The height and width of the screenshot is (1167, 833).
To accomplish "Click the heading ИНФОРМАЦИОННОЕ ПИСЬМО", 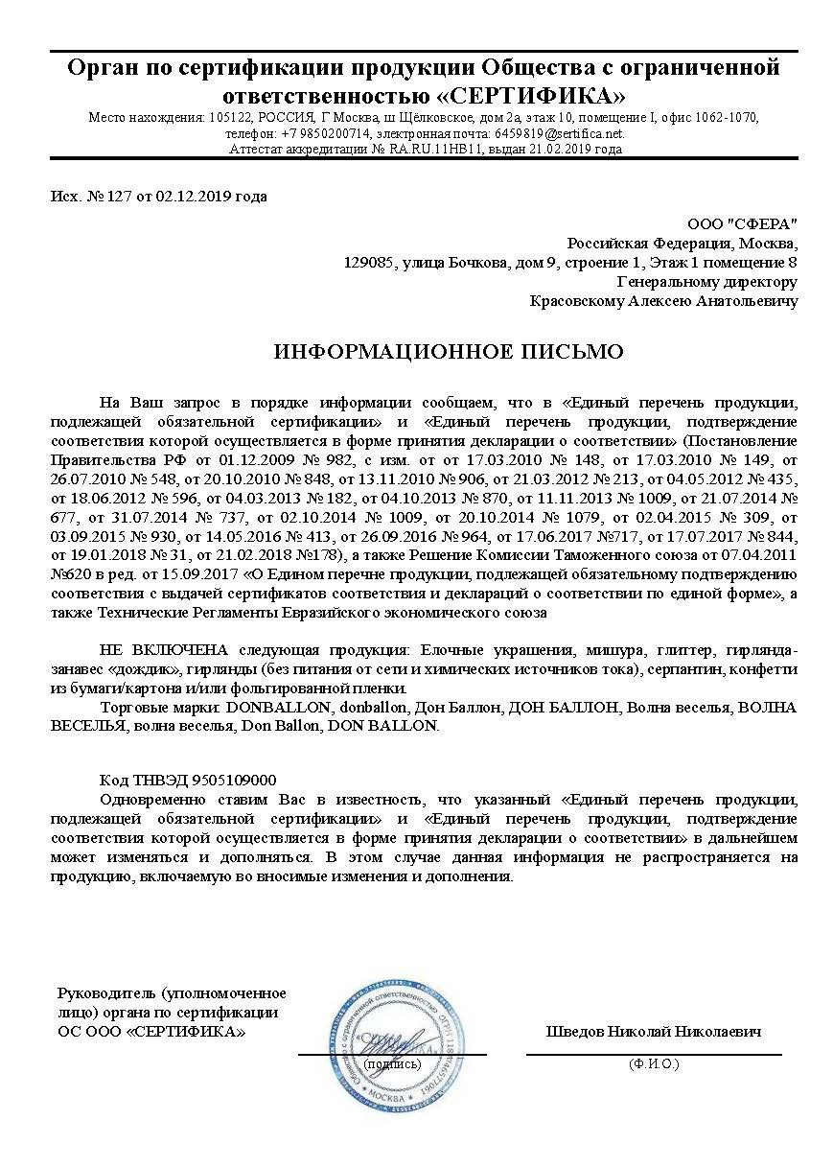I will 449,352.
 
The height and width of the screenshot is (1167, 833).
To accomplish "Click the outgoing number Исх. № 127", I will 84,197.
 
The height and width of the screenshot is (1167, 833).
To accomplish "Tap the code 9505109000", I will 234,781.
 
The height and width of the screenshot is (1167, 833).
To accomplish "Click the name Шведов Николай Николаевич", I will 654,1032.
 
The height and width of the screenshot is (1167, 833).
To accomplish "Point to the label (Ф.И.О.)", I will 654,1063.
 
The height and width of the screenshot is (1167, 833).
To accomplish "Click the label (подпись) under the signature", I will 392,1063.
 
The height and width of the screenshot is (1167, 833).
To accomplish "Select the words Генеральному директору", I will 706,282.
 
